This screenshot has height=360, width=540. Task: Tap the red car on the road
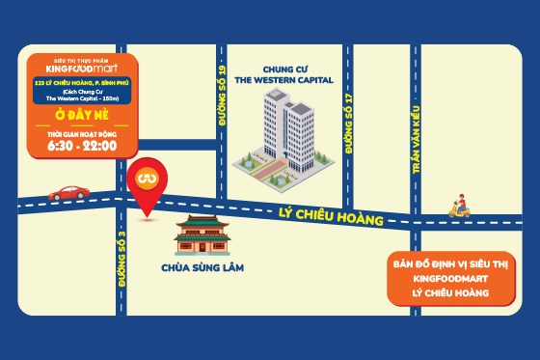click(x=68, y=192)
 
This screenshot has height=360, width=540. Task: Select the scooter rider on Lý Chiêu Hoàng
click(x=461, y=206)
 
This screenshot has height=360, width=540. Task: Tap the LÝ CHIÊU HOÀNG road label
click(x=331, y=217)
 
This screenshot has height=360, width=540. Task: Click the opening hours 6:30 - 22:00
click(x=82, y=146)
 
